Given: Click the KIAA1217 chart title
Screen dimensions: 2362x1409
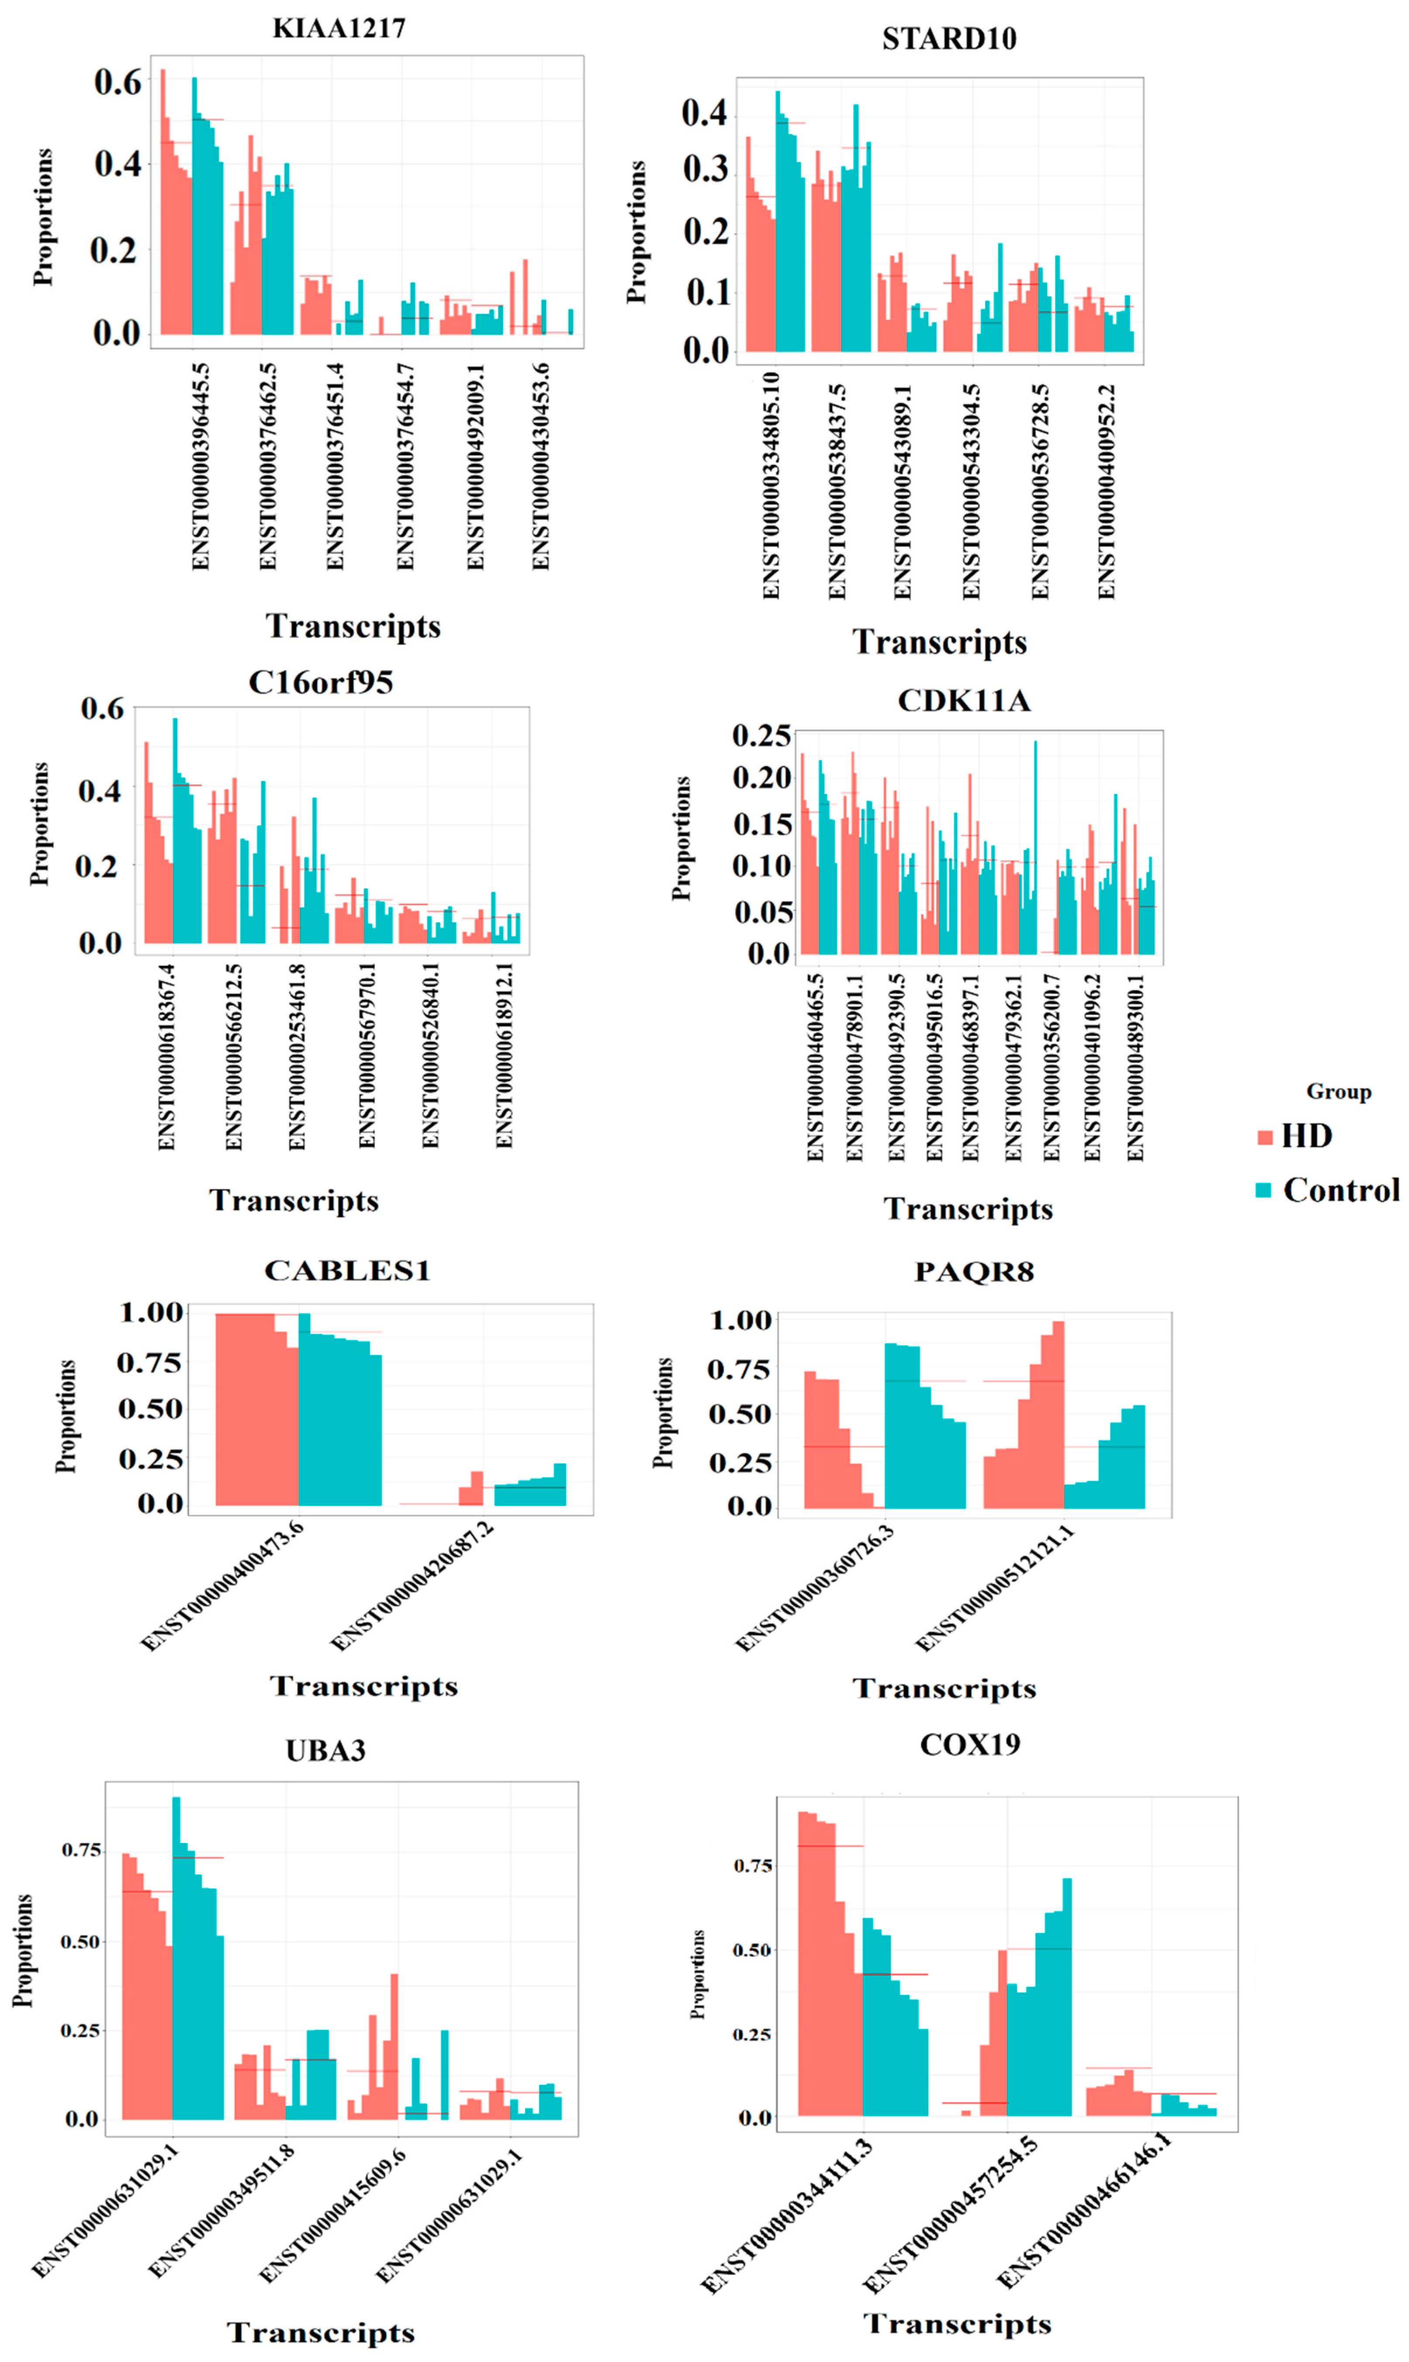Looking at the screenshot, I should tap(339, 28).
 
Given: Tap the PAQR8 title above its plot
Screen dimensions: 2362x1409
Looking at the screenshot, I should tap(973, 1271).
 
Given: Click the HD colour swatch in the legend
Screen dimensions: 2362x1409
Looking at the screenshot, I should tap(1264, 1136).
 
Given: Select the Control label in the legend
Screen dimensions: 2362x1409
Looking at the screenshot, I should tap(1340, 1190).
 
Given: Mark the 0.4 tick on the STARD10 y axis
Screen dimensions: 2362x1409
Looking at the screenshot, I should tap(704, 113).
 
